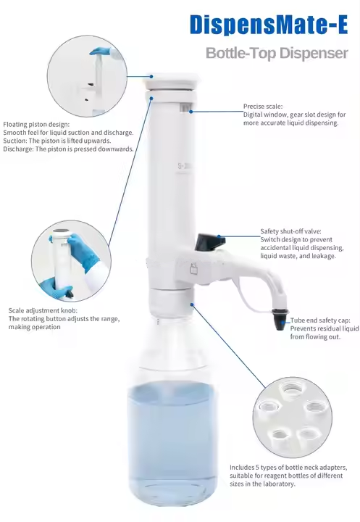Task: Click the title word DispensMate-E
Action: pyautogui.click(x=269, y=25)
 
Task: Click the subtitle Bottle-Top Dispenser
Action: pyautogui.click(x=277, y=53)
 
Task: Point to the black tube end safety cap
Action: pyautogui.click(x=279, y=319)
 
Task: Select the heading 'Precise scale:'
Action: pyautogui.click(x=263, y=106)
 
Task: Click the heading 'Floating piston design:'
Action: pyautogui.click(x=37, y=125)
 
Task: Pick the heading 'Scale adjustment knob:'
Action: pyautogui.click(x=43, y=310)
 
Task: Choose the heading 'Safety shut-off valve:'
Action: pyautogui.click(x=290, y=231)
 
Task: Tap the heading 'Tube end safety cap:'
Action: pyautogui.click(x=320, y=320)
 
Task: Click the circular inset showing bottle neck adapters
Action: pyautogui.click(x=293, y=418)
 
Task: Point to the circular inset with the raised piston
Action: pyautogui.click(x=87, y=76)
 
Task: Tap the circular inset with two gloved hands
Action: pyautogui.click(x=71, y=261)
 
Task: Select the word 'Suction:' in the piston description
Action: pyautogui.click(x=15, y=141)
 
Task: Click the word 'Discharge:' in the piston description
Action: pyautogui.click(x=19, y=149)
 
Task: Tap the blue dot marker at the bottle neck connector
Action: pyautogui.click(x=192, y=304)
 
